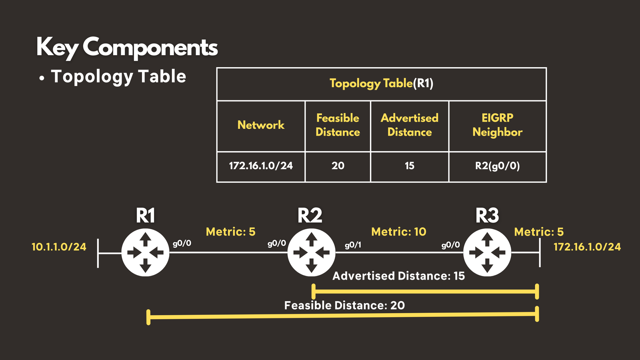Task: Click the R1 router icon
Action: pos(145,252)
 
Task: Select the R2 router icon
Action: pos(311,252)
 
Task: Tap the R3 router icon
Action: pos(487,252)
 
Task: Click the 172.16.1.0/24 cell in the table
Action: pos(261,166)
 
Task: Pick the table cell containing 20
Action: pos(338,166)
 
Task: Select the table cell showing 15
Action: pos(410,166)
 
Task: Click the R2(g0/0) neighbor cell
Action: pos(498,166)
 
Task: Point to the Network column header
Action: pos(261,125)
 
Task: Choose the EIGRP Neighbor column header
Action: pos(498,125)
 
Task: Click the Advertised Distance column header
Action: pos(410,125)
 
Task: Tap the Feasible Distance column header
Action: pos(338,125)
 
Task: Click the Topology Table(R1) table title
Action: pos(382,83)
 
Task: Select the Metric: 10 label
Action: pos(399,232)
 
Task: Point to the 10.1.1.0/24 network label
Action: pos(59,247)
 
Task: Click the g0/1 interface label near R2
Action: pos(353,245)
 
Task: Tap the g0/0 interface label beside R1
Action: pos(182,243)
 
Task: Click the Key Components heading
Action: pos(127,48)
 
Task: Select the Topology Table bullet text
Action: pos(119,76)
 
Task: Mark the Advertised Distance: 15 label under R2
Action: pos(399,276)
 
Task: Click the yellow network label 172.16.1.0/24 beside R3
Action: pos(587,247)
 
